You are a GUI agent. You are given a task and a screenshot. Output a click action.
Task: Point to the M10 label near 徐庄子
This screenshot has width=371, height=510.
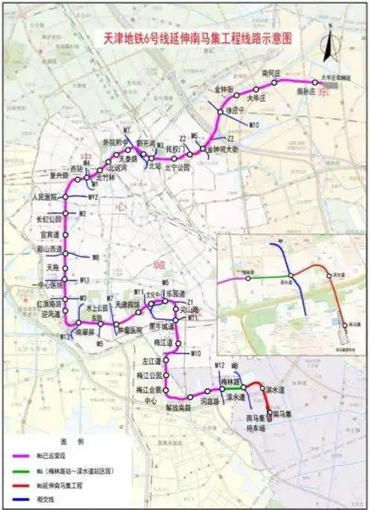[x=253, y=125]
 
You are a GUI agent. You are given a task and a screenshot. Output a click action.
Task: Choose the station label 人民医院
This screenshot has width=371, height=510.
[x=44, y=196]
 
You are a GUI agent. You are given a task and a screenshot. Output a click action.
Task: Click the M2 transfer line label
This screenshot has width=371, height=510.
[x=82, y=213]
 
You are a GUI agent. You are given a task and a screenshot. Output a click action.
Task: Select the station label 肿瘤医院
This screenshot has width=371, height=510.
[x=129, y=330]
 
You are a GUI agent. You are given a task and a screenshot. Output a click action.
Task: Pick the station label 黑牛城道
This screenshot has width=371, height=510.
[x=160, y=326]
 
